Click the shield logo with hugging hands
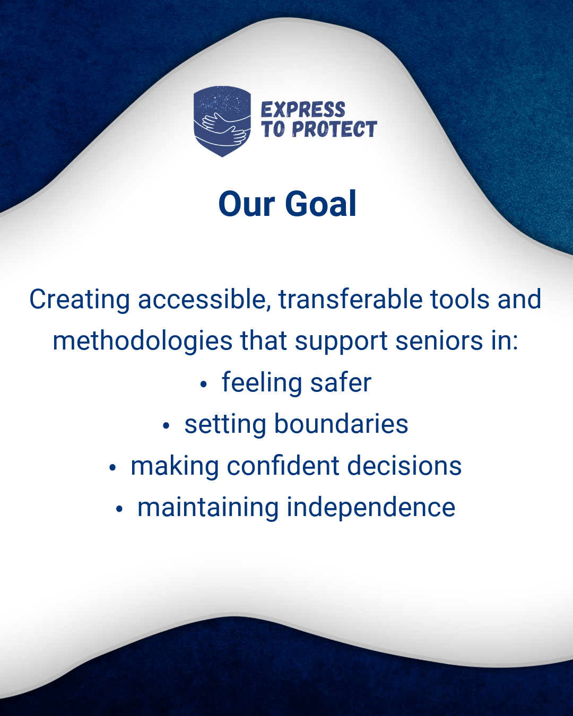[222, 121]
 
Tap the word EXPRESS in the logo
[303, 110]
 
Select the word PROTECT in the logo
[334, 129]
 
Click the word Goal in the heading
[320, 204]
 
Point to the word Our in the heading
[247, 204]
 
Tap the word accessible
[204, 299]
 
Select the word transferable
[351, 299]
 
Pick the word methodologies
[143, 342]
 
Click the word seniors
[439, 341]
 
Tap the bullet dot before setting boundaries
[166, 426]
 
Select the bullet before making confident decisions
[112, 468]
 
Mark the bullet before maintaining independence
[119, 509]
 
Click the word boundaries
[341, 424]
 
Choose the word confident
[283, 466]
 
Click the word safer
[341, 382]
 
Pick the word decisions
[404, 466]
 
